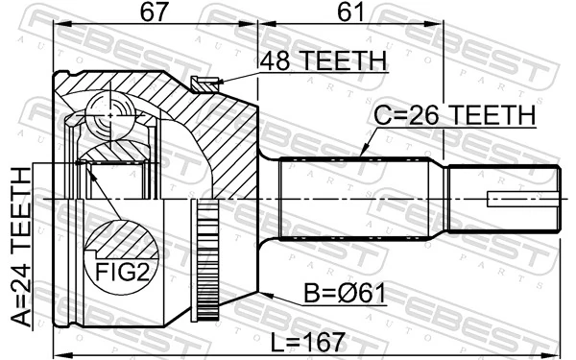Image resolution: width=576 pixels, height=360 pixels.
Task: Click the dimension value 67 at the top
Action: pyautogui.click(x=154, y=12)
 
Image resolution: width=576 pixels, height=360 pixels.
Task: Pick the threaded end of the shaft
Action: pyautogui.click(x=504, y=200)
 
